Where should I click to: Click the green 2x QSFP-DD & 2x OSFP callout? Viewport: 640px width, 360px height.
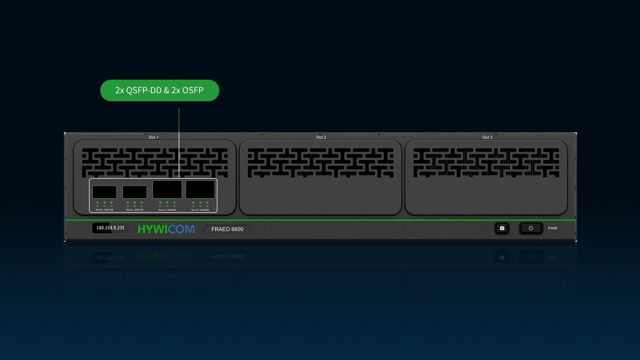point(160,90)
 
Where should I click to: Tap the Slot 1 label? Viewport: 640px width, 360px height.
point(154,137)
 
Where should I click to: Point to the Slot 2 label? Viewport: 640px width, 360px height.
point(321,137)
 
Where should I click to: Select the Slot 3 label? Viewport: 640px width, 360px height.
point(487,137)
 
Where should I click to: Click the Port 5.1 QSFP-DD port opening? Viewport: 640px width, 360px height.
point(104,192)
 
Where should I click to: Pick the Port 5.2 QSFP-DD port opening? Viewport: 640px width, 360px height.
point(134,192)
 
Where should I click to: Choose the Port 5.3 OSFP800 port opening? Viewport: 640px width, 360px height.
point(167,189)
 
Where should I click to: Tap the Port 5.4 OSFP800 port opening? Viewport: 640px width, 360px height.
point(200,189)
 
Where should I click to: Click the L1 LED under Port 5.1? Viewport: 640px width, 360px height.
point(97,202)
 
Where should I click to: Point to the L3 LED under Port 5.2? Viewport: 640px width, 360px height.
point(141,202)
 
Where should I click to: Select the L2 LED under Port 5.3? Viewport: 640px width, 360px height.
point(167,202)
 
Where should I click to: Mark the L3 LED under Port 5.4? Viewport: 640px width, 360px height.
point(207,202)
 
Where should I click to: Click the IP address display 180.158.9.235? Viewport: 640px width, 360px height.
point(111,228)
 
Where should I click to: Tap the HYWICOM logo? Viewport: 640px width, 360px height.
point(166,229)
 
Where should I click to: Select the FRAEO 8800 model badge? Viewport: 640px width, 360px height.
point(227,229)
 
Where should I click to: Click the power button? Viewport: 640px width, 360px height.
point(531,228)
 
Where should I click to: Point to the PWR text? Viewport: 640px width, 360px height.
point(553,228)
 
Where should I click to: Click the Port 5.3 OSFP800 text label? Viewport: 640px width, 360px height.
point(167,210)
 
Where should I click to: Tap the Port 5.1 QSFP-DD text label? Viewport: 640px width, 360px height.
point(104,210)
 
